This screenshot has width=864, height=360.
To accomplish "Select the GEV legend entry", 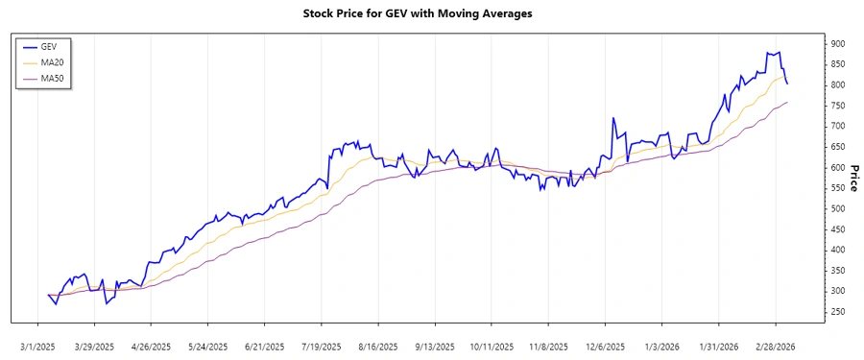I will pyautogui.click(x=50, y=46).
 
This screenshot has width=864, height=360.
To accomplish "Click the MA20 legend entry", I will pyautogui.click(x=53, y=62).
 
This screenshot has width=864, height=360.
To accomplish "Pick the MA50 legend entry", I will pyautogui.click(x=53, y=79).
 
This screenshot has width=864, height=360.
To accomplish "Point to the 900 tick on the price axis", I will pyautogui.click(x=838, y=44).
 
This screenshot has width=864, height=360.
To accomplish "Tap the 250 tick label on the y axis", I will pyautogui.click(x=838, y=312).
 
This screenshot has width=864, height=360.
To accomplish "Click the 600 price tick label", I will pyautogui.click(x=838, y=168).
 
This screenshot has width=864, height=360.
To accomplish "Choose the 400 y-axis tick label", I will pyautogui.click(x=838, y=251).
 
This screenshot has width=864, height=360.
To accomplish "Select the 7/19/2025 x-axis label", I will pyautogui.click(x=323, y=346).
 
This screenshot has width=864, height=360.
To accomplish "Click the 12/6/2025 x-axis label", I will pyautogui.click(x=606, y=346).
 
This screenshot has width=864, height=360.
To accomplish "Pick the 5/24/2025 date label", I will pyautogui.click(x=208, y=346).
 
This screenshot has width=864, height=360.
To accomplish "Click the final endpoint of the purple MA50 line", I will pyautogui.click(x=787, y=102).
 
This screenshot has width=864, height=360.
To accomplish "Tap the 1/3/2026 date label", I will pyautogui.click(x=662, y=346).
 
